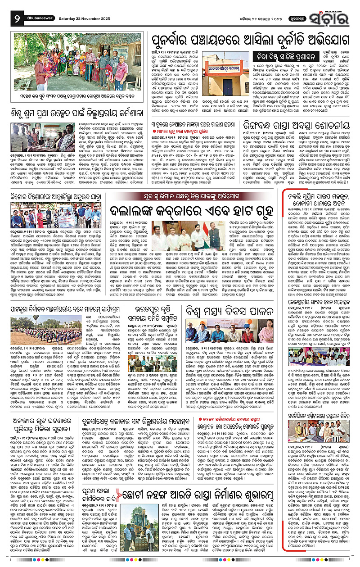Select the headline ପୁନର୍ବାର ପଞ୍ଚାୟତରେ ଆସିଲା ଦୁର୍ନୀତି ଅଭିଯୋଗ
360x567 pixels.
234,37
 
